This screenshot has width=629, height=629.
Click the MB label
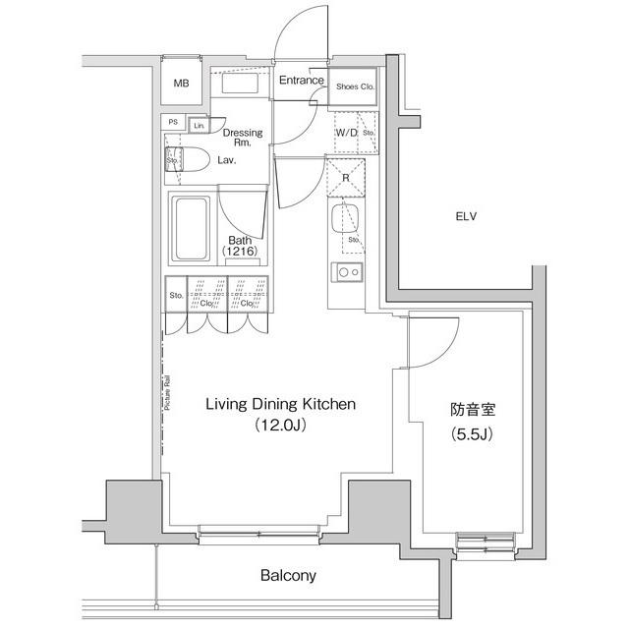(x=181, y=84)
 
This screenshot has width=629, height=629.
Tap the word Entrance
(x=301, y=81)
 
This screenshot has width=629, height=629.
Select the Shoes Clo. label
(x=355, y=86)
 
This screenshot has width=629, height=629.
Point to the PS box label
(x=173, y=123)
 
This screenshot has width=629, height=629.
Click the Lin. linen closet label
(x=199, y=126)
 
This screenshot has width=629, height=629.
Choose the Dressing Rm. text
(x=242, y=139)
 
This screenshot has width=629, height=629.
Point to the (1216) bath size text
(x=241, y=253)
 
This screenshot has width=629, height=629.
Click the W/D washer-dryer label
(x=346, y=132)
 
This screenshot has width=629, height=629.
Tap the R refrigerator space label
(x=346, y=178)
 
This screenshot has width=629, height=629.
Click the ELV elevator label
(x=465, y=216)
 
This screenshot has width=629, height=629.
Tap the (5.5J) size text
(x=472, y=433)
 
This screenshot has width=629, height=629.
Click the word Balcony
(x=288, y=576)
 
